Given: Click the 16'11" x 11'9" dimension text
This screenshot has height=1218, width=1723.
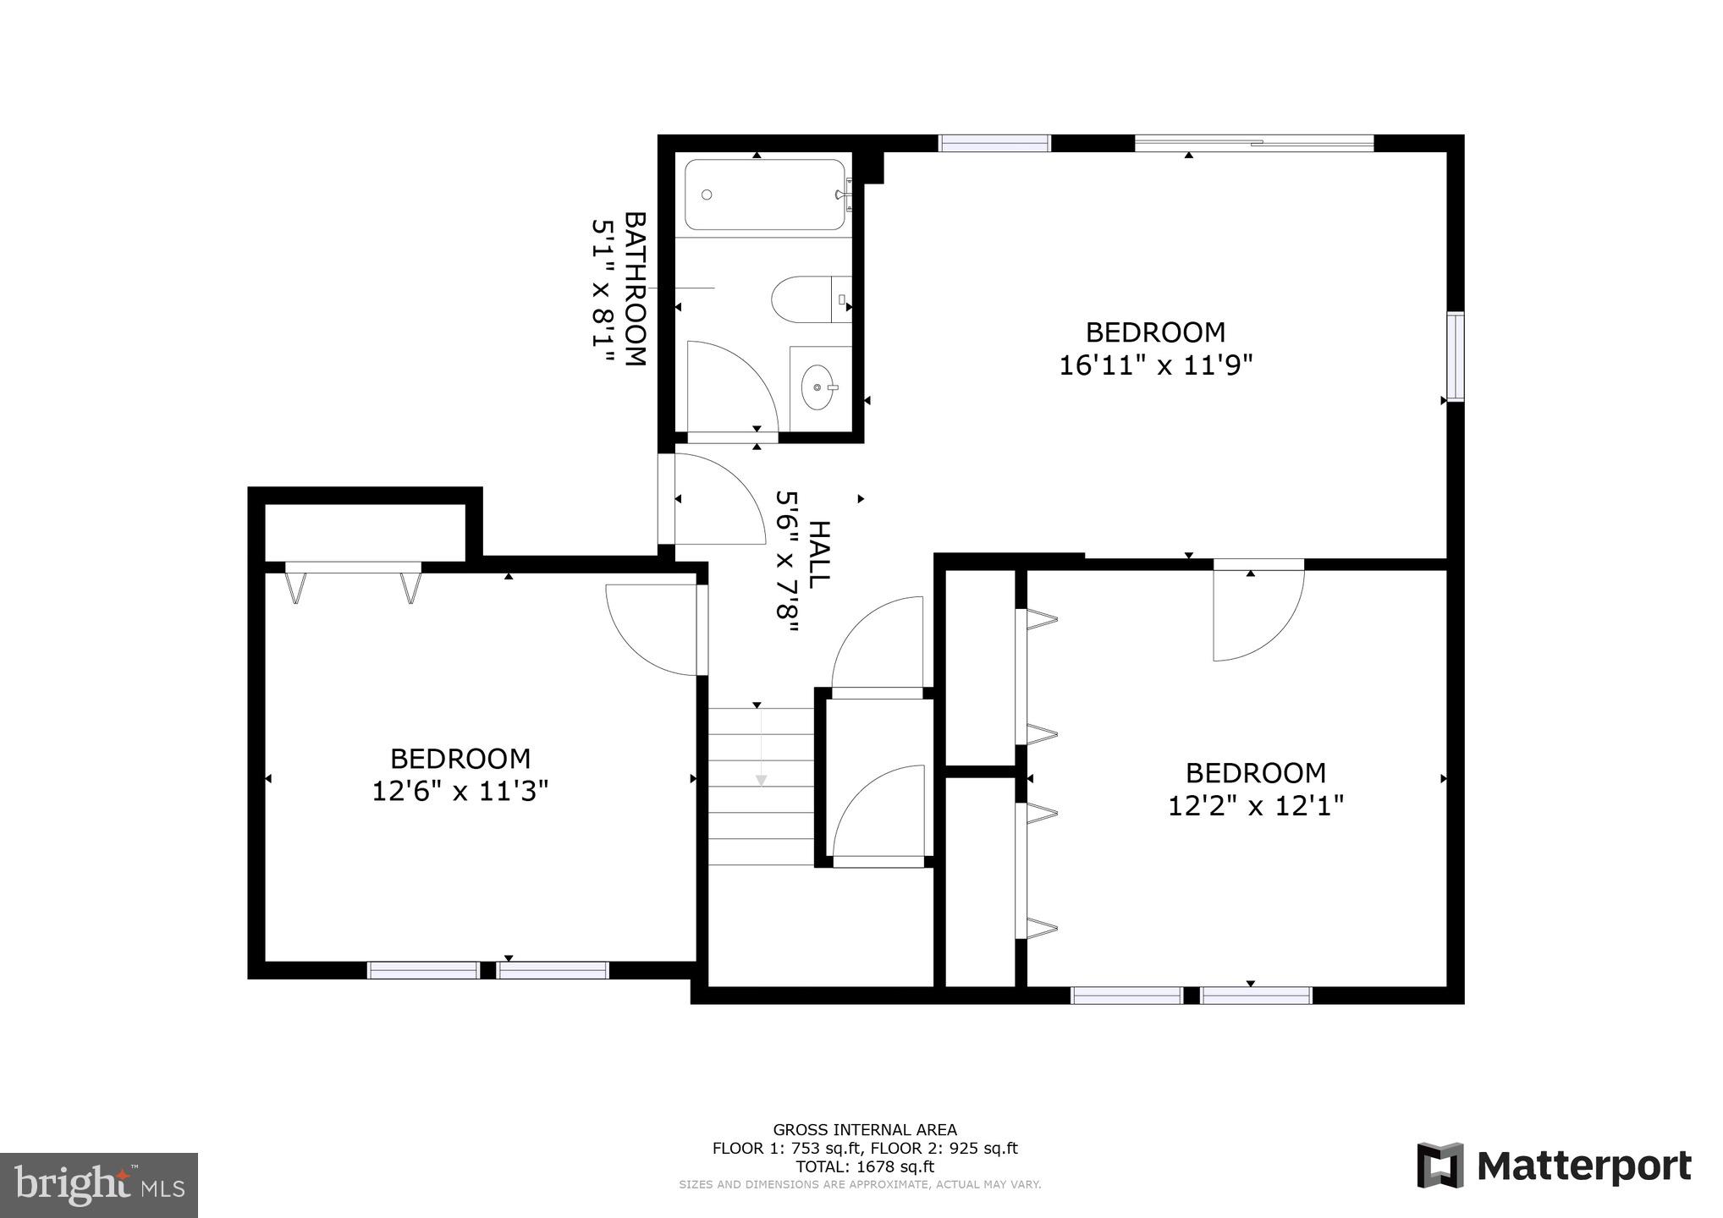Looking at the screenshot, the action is tap(1155, 365).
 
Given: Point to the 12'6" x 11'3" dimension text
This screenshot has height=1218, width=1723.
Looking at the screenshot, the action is tap(460, 792).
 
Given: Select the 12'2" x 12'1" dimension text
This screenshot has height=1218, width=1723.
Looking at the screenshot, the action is tap(1255, 806).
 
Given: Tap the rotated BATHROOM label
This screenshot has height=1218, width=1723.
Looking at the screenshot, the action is tap(635, 288).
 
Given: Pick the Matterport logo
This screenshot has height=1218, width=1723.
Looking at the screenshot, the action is tap(1554, 1166).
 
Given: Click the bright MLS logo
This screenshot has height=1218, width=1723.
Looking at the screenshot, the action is tap(99, 1185).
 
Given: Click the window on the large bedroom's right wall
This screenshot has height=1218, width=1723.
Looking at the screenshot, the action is tap(1455, 356).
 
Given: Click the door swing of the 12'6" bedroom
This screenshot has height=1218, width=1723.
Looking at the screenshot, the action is tap(652, 630).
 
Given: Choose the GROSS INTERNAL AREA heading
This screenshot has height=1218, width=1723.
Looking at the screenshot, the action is tap(864, 1129).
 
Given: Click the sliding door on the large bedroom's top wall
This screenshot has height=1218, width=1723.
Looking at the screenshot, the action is tap(1253, 144).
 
